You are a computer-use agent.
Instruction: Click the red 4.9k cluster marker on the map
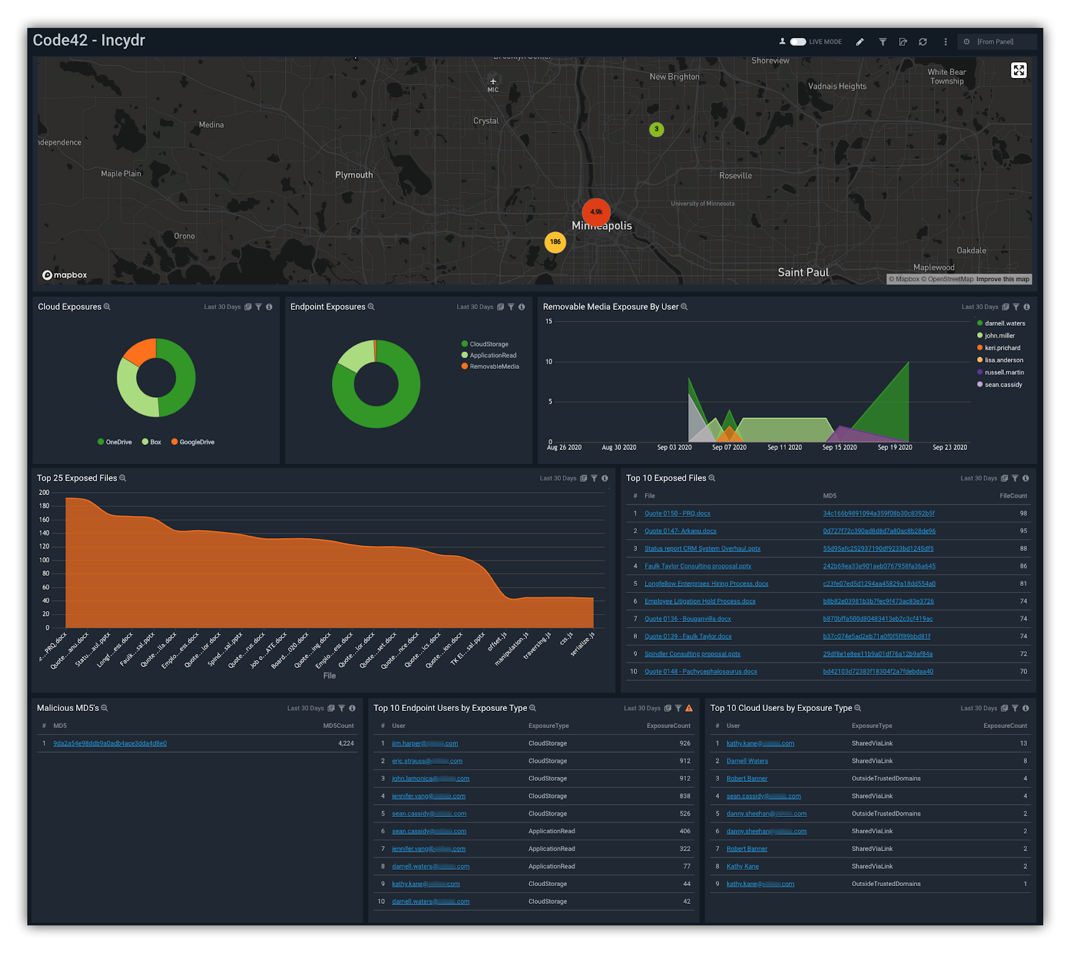tap(596, 212)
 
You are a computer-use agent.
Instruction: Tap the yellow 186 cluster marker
tap(555, 242)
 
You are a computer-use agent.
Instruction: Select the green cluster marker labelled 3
tap(657, 129)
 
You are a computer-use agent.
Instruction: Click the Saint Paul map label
tap(803, 272)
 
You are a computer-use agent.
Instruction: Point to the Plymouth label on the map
tap(354, 175)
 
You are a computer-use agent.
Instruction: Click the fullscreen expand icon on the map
tap(1018, 70)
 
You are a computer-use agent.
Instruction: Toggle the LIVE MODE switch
tap(798, 42)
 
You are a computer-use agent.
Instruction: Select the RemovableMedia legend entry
tap(494, 367)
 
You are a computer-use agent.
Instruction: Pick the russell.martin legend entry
tap(1004, 373)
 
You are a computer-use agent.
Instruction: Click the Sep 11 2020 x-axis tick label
tap(784, 447)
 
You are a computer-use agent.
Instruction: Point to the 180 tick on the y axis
tap(44, 506)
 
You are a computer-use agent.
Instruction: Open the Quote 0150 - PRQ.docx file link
tap(677, 513)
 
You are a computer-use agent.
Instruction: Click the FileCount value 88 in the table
tap(1023, 548)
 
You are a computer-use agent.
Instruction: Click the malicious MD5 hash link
tap(110, 743)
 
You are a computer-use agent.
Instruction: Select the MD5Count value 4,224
tap(346, 743)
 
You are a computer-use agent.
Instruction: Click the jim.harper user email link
tap(424, 743)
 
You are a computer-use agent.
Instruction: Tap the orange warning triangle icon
tap(689, 708)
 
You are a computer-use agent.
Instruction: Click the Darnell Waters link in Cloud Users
tap(747, 761)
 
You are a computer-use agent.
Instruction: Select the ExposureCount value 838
tap(684, 796)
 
